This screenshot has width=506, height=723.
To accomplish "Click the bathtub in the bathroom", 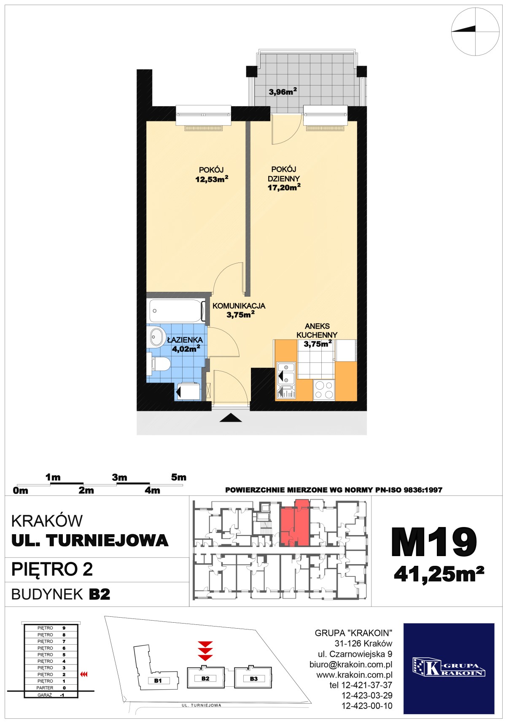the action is coord(175,311).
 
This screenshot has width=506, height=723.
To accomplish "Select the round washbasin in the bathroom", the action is coord(157,337).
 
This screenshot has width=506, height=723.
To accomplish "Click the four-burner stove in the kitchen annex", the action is coord(324,389).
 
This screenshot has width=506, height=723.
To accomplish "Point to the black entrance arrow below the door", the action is coord(230,418).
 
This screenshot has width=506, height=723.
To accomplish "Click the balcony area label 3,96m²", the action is coord(283,91).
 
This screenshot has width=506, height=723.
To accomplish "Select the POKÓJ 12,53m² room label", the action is coord(211,174).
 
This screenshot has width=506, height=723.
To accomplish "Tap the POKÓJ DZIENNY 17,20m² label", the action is coord(284,178).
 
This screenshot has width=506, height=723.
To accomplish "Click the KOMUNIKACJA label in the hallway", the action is coord(239,306).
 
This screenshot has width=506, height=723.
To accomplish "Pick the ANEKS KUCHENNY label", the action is coord(317,330).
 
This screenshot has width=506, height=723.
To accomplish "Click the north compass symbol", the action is coord(475,31).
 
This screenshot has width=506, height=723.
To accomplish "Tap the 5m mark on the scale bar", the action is coord(179,477).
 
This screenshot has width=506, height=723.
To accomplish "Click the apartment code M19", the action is coord(434,542).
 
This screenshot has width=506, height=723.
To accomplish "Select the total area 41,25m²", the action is coord(439,574).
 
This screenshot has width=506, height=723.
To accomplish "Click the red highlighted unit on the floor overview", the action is coord(295,523).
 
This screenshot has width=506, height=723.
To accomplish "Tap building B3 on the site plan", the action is coord(253,678).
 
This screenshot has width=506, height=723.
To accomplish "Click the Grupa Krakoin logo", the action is coord(449,668).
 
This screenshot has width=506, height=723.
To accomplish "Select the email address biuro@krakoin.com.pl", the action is coord(351,664).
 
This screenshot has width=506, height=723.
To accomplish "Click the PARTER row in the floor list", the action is coord(51,688).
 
